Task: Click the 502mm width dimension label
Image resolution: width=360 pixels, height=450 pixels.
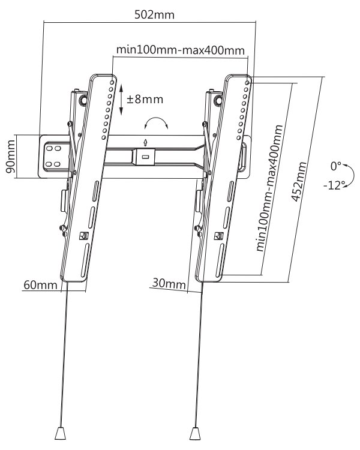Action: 154,14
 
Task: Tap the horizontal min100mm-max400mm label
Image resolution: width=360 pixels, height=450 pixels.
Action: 180,50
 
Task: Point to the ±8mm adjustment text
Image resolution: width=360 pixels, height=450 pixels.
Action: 145,99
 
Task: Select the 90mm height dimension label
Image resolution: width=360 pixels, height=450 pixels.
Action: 11,157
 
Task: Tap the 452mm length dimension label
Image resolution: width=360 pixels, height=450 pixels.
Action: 299,182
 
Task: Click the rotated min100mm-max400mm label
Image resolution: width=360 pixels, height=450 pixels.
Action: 269,188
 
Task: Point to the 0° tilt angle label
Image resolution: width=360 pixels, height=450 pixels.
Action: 335,166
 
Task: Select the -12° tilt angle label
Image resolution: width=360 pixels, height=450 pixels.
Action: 334,185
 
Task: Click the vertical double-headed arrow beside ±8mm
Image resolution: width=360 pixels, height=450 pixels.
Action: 121,99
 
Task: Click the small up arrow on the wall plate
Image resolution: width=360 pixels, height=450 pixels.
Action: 146,143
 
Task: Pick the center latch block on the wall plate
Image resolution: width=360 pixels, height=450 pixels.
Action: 145,157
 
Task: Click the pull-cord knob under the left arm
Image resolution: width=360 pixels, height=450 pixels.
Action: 61,433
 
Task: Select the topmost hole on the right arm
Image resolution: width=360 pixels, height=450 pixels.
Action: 247,82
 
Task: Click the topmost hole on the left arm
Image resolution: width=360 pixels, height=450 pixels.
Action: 112,83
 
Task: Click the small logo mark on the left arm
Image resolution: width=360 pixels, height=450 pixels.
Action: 84,236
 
